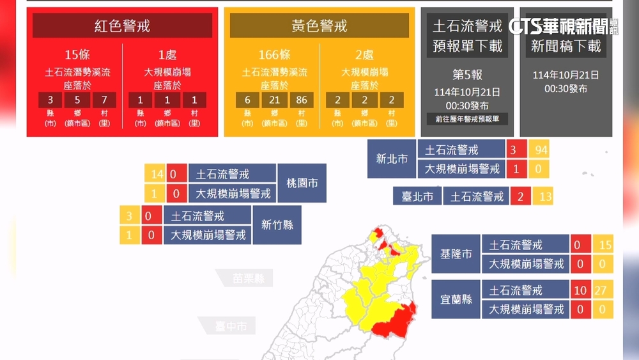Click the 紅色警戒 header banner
pyautogui.click(x=122, y=26)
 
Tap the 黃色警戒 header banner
pyautogui.click(x=319, y=26)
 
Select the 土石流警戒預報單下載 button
pyautogui.click(x=468, y=36)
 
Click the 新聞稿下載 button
pyautogui.click(x=566, y=45)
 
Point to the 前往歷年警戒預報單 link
pyautogui.click(x=468, y=119)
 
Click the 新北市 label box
pyautogui.click(x=392, y=159)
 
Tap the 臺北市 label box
pyautogui.click(x=417, y=196)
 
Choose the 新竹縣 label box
pyautogui.click(x=277, y=224)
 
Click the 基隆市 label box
pyautogui.click(x=456, y=254)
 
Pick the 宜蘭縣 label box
pyautogui.click(x=456, y=299)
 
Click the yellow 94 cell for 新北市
pyautogui.click(x=540, y=150)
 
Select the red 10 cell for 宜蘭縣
pyautogui.click(x=581, y=290)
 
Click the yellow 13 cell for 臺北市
pyautogui.click(x=543, y=196)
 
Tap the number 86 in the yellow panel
pyautogui.click(x=301, y=100)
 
